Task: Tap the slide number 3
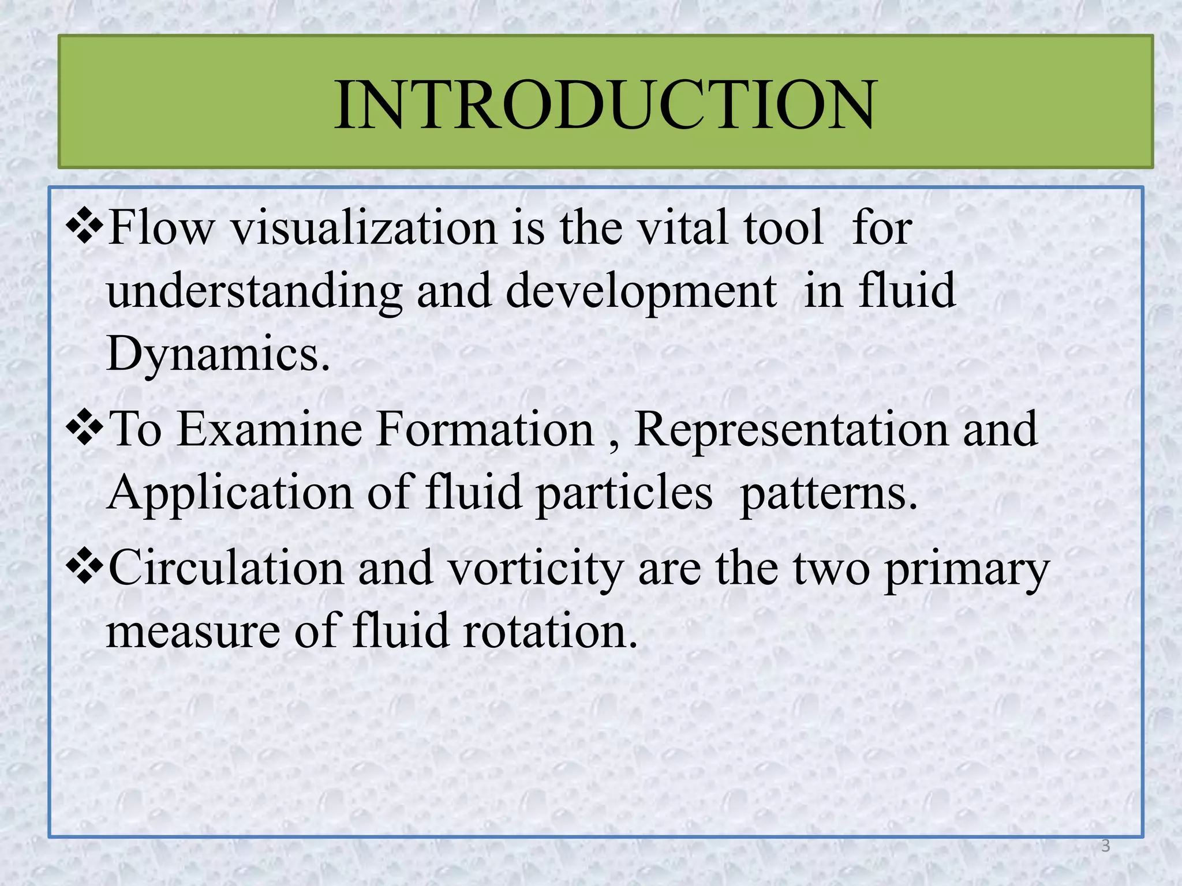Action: (x=1105, y=846)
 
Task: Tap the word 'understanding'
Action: (x=254, y=291)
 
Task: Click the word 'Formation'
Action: (x=485, y=430)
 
